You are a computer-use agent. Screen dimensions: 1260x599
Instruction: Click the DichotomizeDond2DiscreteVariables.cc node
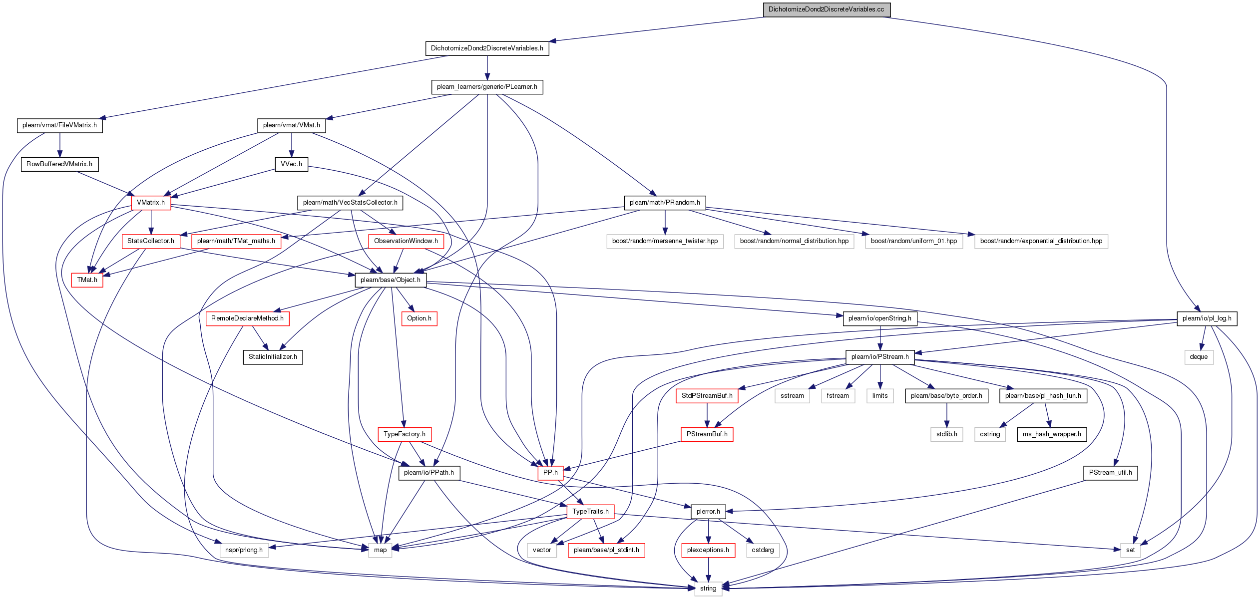pos(827,9)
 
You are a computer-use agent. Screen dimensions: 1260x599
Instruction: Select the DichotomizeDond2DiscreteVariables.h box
pos(487,48)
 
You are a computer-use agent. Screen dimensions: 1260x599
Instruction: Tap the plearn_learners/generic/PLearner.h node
pos(487,87)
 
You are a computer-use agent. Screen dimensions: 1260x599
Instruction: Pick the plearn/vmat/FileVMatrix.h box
pos(59,125)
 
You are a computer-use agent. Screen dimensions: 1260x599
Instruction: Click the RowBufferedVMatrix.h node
pos(59,164)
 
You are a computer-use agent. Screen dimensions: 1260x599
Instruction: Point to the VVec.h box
pos(291,164)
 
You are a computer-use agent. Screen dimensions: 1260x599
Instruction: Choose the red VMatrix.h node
pos(151,203)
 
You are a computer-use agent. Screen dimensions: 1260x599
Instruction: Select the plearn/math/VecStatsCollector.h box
pos(350,203)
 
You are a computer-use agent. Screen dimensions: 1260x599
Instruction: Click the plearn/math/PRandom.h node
pos(665,203)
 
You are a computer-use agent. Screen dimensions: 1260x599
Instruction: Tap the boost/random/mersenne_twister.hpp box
pos(665,241)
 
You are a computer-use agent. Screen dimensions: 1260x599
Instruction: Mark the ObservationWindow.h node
pos(406,241)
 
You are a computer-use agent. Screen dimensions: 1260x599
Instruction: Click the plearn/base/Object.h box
pos(391,280)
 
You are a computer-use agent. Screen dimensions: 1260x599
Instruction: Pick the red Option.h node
pos(419,318)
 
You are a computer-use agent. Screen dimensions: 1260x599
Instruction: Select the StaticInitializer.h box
pos(273,357)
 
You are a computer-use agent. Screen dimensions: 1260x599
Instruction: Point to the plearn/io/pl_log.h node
pos(1207,318)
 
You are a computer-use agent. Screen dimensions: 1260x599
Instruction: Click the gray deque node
pos(1199,357)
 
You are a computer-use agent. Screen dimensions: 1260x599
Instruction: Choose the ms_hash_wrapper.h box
pos(1052,434)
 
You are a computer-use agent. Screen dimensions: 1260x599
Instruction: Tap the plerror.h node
pos(708,512)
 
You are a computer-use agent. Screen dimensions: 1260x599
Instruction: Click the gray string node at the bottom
pos(708,589)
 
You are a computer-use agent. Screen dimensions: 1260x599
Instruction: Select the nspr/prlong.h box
pos(244,550)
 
